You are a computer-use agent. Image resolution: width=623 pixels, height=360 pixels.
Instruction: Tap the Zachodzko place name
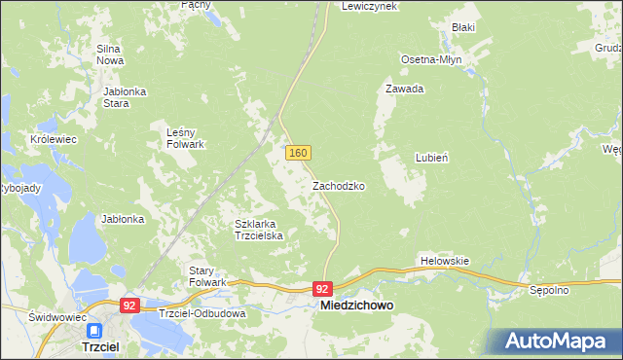[339, 185]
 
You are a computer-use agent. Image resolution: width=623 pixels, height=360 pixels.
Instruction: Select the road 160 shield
[298, 153]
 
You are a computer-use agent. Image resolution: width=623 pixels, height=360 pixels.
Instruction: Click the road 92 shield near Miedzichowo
[324, 289]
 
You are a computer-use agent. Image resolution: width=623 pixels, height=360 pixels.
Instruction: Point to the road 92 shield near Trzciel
[129, 306]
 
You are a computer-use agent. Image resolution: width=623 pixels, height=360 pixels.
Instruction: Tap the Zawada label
[404, 89]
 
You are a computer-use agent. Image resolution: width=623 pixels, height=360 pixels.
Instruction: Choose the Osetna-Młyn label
[431, 59]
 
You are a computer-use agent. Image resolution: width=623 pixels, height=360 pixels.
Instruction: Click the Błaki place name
[462, 27]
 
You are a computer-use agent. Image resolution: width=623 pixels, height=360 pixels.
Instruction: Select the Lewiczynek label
[370, 6]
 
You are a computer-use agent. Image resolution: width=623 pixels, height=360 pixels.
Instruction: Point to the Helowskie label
[445, 261]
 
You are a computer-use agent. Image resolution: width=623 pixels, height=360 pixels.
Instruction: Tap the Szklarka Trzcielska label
[259, 230]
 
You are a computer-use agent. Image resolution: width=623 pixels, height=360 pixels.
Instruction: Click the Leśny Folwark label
[185, 138]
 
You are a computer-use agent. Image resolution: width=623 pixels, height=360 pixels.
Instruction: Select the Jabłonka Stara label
[124, 97]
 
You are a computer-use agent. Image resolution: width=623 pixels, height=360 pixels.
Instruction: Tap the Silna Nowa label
[108, 54]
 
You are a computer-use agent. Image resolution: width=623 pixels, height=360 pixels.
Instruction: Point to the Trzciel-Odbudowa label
[202, 314]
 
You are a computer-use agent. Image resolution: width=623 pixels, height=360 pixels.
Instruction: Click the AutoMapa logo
[556, 341]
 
